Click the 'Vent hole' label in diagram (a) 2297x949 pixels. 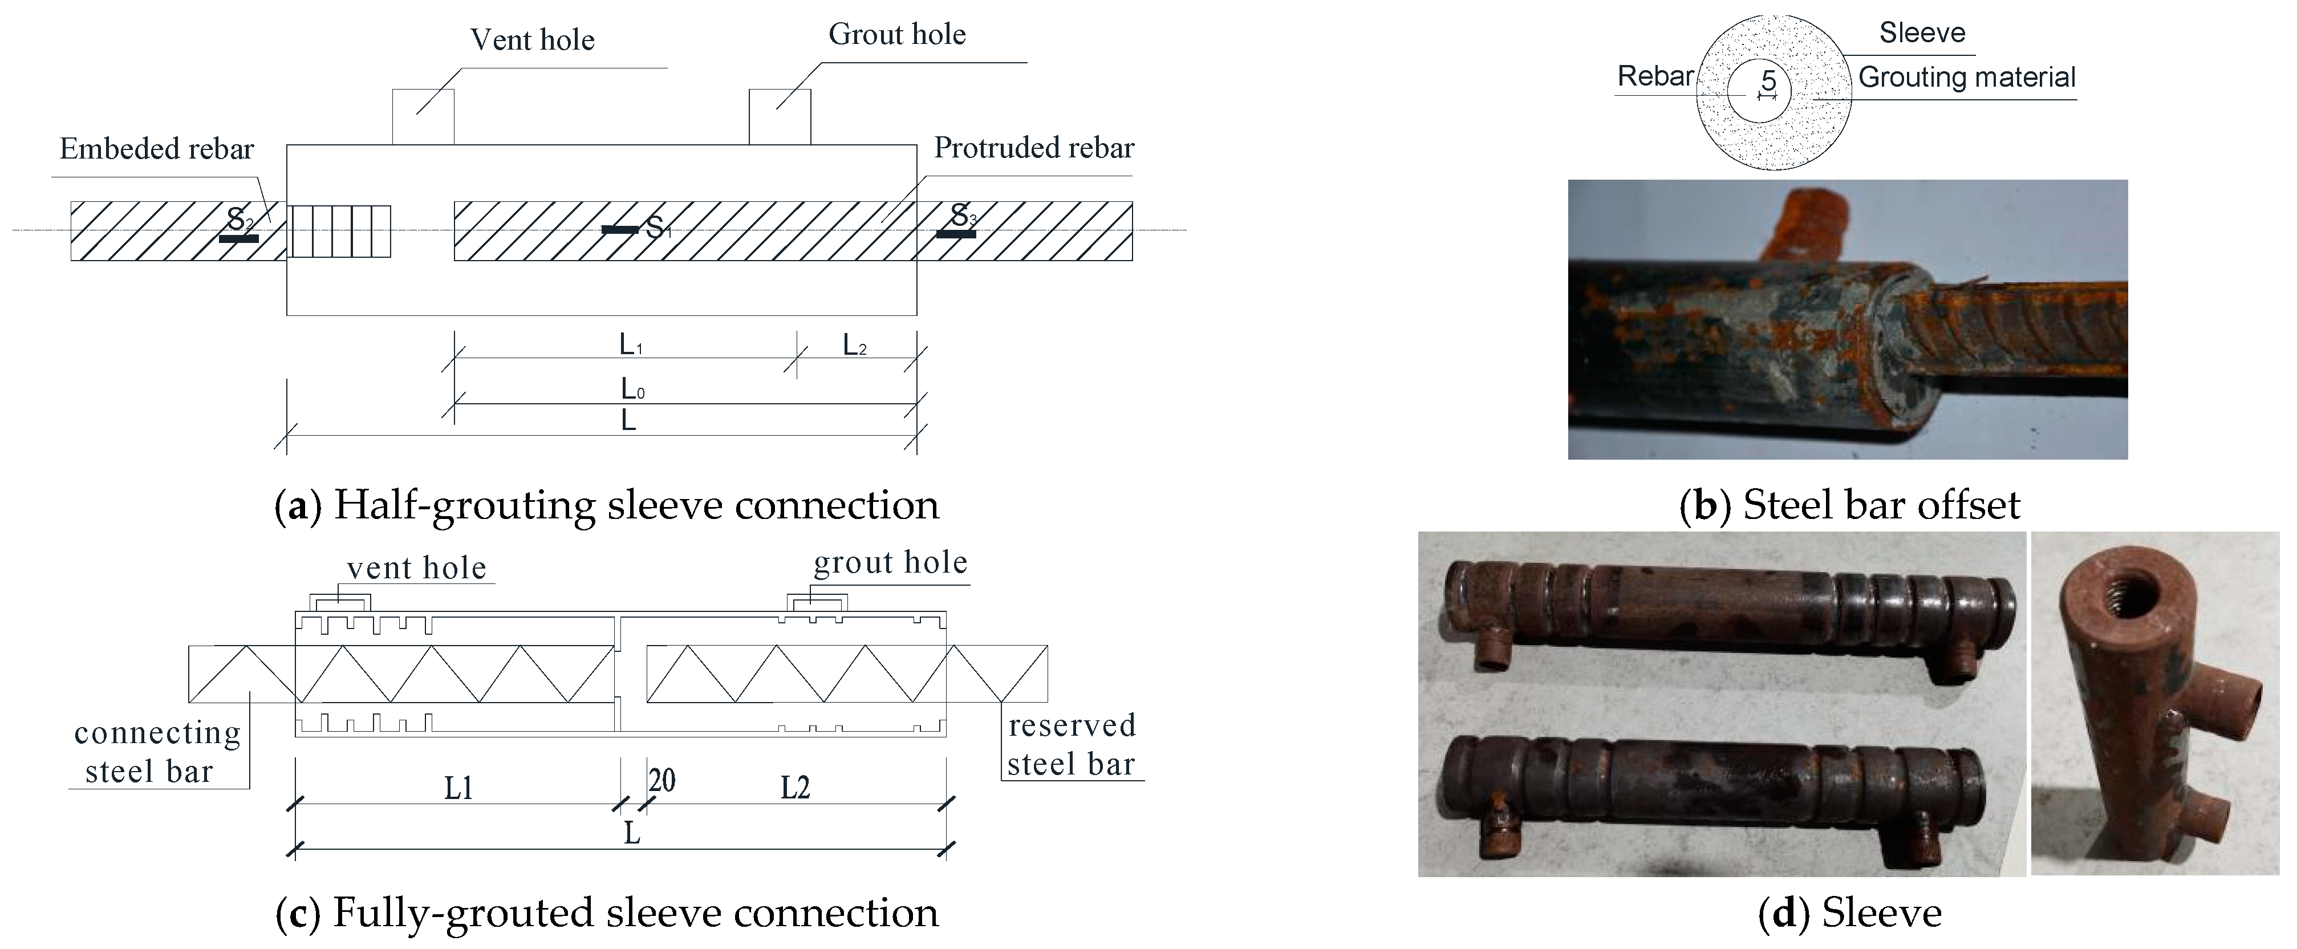tap(533, 40)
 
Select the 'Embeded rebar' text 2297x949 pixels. tap(157, 149)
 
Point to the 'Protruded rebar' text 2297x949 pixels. tap(1033, 148)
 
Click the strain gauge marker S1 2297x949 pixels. tap(620, 230)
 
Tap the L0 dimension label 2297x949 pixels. tap(632, 389)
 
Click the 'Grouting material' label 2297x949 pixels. tap(1966, 78)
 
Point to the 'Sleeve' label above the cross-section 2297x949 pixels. tap(1922, 33)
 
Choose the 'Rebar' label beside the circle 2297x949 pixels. tap(1655, 76)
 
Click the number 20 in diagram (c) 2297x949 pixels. tap(661, 781)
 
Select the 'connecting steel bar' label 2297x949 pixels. tap(157, 752)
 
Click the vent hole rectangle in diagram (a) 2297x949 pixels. tap(424, 117)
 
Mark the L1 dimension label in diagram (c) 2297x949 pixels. tap(458, 788)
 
